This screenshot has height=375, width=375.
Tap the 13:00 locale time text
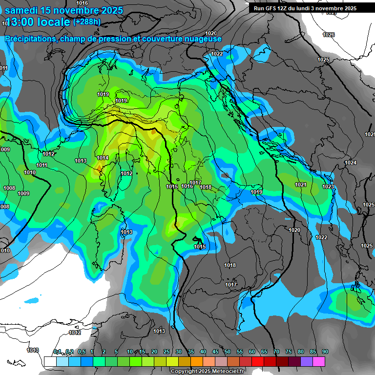[37, 22]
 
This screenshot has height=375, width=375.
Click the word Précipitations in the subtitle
[30, 39]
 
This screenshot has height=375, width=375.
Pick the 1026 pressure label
[329, 35]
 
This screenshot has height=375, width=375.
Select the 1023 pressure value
[328, 187]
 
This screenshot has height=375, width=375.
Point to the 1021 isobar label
[301, 185]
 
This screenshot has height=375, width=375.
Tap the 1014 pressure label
[103, 158]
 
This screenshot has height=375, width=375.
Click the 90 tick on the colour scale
[325, 352]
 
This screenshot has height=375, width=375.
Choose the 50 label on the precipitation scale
[228, 352]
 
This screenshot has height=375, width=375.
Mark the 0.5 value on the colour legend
[82, 352]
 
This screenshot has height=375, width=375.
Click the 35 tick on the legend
[191, 352]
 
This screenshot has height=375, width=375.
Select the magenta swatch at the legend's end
[319, 361]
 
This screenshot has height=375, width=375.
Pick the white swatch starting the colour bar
[50, 361]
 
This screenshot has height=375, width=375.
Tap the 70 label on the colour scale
[276, 352]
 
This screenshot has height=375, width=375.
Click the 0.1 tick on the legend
[57, 352]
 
